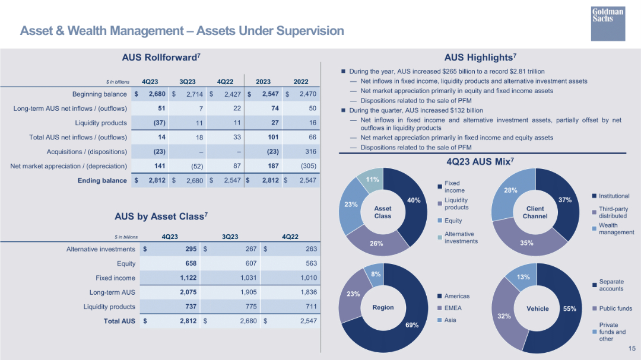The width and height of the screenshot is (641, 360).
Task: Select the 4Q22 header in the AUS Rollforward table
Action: pos(225,81)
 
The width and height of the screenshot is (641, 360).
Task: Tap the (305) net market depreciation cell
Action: pos(307,166)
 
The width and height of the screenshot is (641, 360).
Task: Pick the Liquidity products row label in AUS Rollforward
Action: pos(101,123)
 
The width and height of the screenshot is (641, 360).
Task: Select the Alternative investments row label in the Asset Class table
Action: pos(101,249)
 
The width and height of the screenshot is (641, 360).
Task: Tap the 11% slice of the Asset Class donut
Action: pos(372,181)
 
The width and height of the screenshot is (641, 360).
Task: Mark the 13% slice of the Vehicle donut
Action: pos(522,278)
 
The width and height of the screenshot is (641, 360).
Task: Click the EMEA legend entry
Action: pos(453,308)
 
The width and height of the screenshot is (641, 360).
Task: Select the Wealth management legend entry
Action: pos(616,229)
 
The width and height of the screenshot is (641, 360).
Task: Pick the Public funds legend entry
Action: pos(615,308)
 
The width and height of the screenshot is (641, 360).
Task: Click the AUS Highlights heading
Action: pos(480,58)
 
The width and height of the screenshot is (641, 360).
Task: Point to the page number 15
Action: pos(632,349)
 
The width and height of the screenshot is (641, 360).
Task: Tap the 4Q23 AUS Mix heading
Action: pos(480,161)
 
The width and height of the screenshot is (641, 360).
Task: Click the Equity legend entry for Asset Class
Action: pos(453,221)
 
